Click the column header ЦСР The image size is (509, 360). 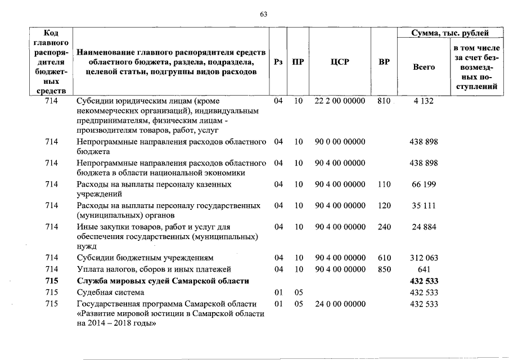coord(340,62)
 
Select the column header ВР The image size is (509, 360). coord(384,62)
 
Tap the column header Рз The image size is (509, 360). coord(277,62)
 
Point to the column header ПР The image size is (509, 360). coord(298,62)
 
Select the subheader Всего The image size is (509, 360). coord(424,67)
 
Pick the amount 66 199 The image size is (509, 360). coord(424,184)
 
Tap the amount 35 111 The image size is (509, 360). coord(424,205)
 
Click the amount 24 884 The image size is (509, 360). coord(424,227)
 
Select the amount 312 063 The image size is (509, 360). coord(424,258)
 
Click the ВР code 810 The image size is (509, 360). coord(384,101)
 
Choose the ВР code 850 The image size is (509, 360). coord(384,269)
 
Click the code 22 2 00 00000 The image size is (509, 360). coord(340,101)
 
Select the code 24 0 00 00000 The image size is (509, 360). coord(340,304)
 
